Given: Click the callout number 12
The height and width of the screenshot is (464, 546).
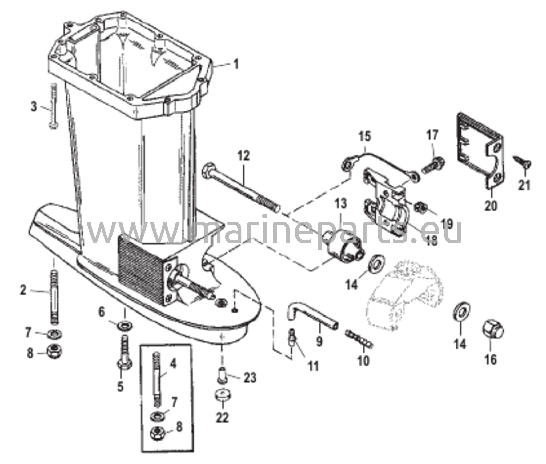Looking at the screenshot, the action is pyautogui.click(x=244, y=156).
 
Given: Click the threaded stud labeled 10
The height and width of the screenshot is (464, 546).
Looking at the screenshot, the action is pyautogui.click(x=360, y=338).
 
